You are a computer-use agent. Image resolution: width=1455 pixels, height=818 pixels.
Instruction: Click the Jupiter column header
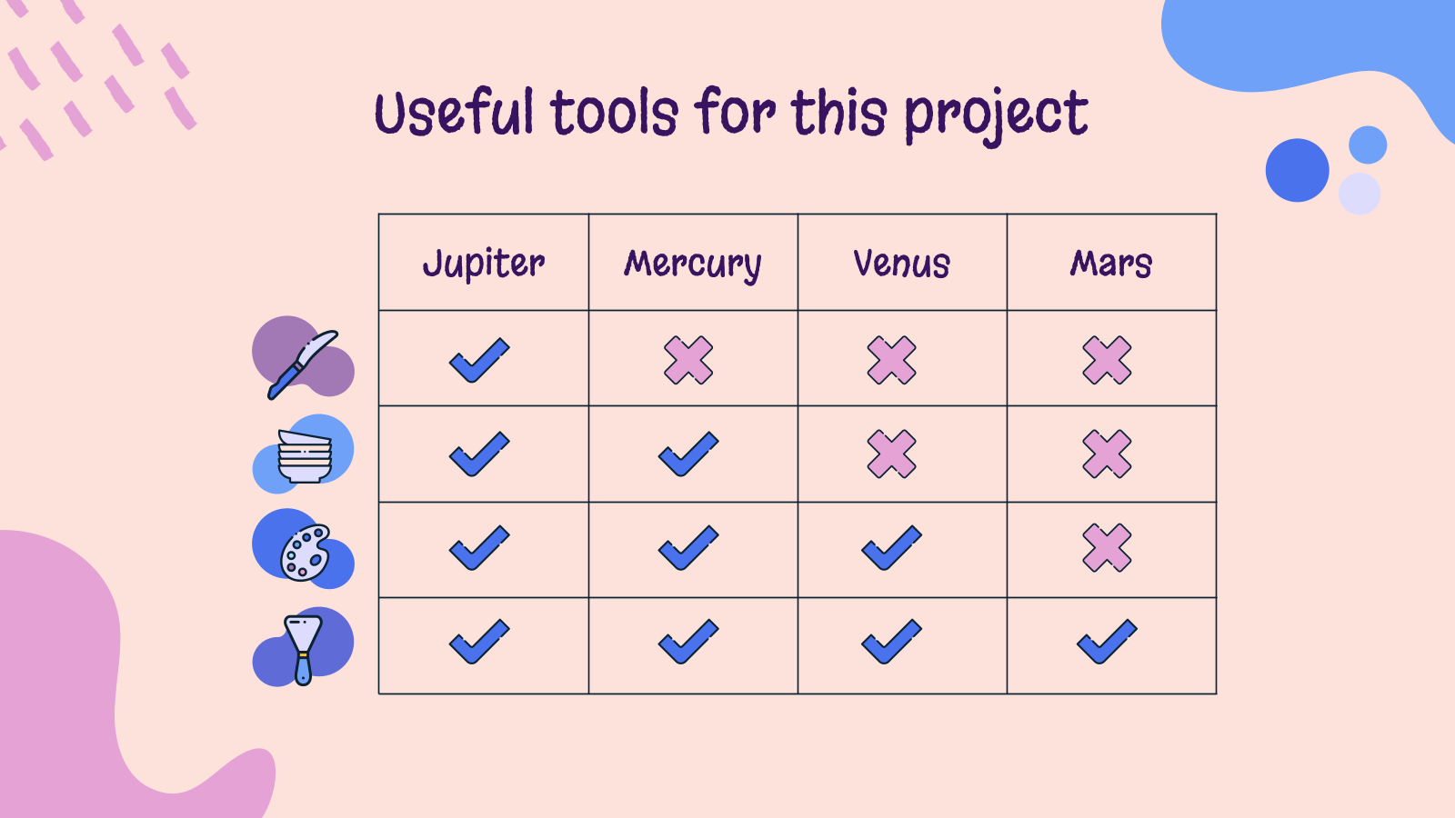point(483,264)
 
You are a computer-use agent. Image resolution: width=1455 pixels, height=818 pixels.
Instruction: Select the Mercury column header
point(692,264)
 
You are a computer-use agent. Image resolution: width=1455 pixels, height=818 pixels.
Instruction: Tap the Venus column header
point(901,264)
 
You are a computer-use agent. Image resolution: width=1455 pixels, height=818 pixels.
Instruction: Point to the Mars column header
point(1110,264)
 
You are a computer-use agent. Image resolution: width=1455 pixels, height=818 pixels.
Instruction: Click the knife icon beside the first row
point(303,364)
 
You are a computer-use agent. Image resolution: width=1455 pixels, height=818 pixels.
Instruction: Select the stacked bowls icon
point(305,456)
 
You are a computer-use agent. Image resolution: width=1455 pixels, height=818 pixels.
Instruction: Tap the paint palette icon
point(306,552)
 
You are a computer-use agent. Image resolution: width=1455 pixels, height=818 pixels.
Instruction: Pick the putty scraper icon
point(304,650)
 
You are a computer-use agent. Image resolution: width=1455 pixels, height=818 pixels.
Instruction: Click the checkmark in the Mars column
point(1107,642)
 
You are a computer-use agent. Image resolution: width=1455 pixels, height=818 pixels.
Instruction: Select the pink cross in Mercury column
point(688,360)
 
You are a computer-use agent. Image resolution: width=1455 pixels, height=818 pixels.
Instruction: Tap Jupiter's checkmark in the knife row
point(479,360)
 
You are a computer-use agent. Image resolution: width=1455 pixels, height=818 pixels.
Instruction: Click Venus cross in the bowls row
point(892,454)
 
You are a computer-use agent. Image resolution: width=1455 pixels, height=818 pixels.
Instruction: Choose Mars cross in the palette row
point(1107,548)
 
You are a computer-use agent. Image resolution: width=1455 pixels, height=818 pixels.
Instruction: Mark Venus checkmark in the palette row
point(891,548)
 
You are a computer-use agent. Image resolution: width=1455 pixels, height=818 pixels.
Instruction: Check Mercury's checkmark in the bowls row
point(688,454)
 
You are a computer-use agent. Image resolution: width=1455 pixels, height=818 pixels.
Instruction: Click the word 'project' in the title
point(997,115)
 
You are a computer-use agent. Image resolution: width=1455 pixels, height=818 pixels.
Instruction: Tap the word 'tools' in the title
point(615,113)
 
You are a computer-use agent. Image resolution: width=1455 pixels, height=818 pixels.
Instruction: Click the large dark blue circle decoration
point(1297,170)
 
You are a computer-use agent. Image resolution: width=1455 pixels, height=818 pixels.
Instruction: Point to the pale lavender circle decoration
point(1360,194)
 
